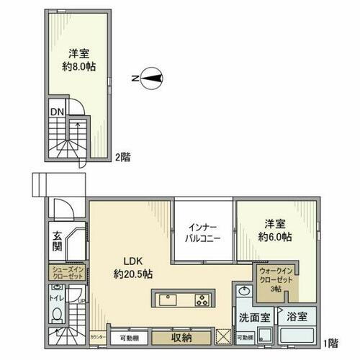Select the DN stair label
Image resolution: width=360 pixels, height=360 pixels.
point(56,112)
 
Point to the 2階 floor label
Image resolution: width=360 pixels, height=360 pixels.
point(122,156)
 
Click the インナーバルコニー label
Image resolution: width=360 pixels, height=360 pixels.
point(204,230)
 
